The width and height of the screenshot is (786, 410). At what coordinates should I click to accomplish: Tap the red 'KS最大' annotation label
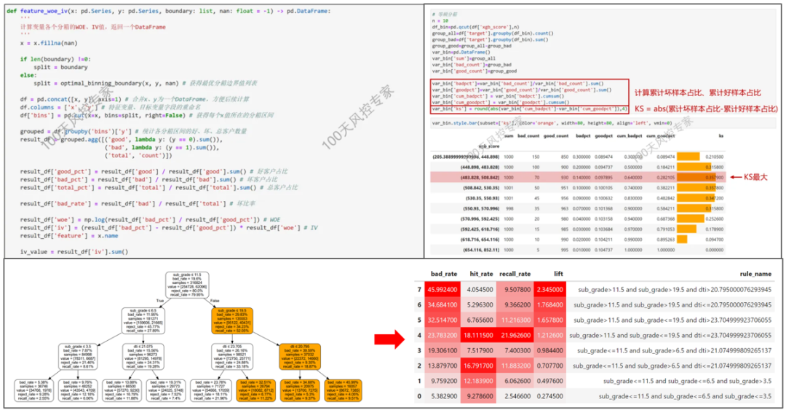[759, 176]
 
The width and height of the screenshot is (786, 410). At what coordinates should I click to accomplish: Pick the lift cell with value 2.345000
[552, 289]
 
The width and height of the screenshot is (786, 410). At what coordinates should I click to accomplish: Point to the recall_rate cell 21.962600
[517, 335]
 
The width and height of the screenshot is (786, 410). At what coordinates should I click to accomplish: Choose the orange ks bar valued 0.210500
[688, 156]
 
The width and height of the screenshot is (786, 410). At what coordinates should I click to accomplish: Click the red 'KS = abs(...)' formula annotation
[704, 109]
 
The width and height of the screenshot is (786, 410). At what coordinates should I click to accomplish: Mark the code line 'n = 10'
[439, 23]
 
